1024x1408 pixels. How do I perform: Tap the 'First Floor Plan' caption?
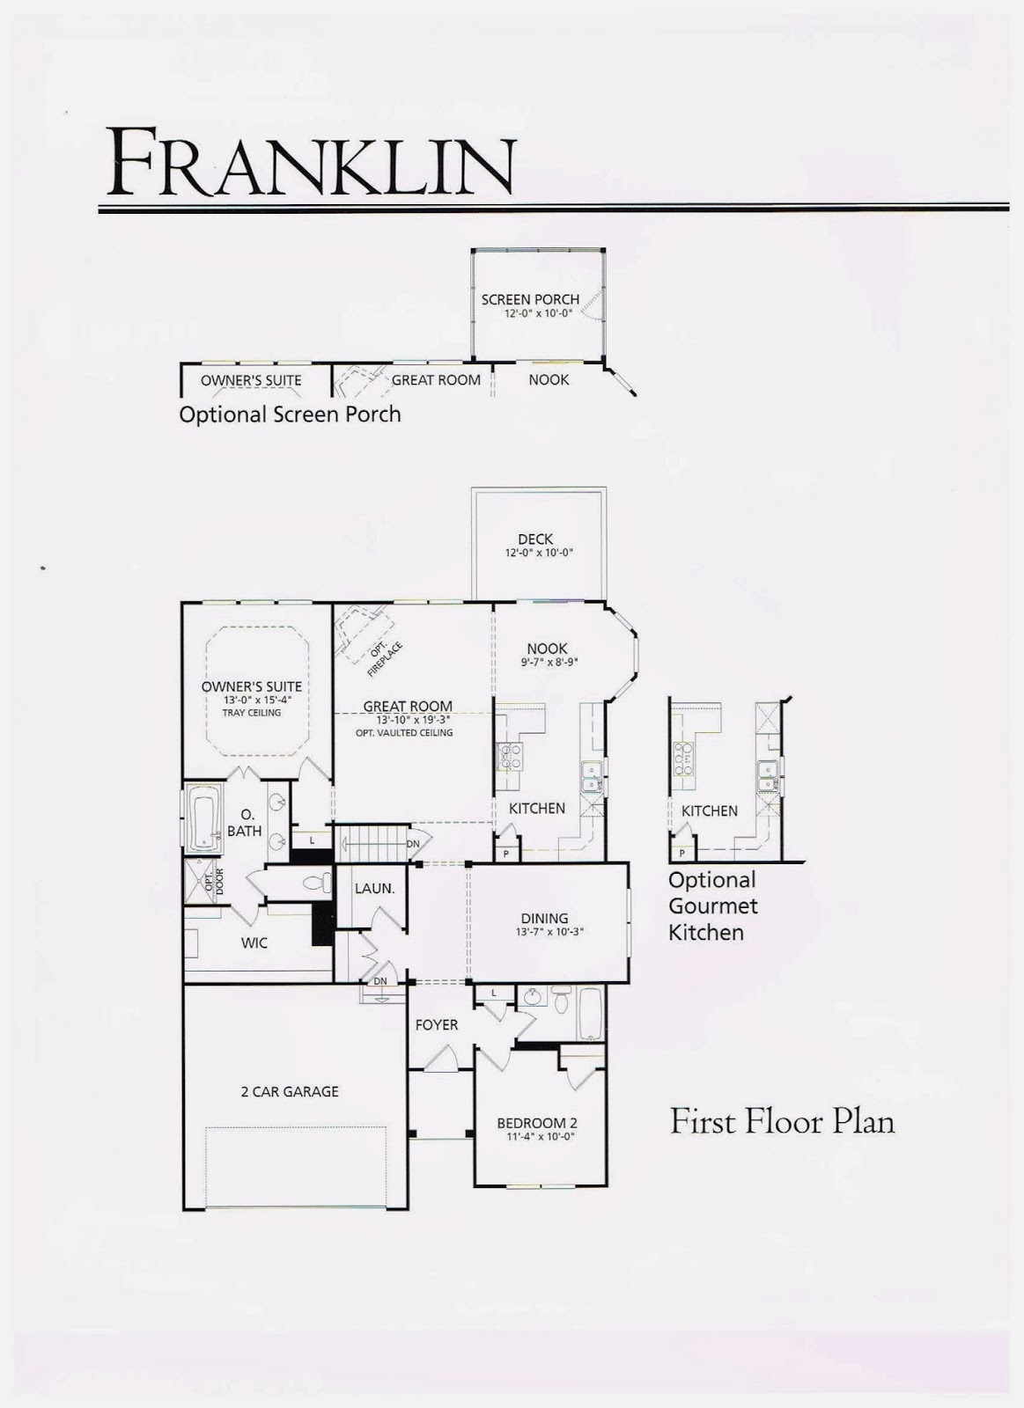click(x=782, y=1122)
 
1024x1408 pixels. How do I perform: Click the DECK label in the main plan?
click(x=535, y=539)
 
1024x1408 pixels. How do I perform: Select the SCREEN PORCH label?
click(x=530, y=299)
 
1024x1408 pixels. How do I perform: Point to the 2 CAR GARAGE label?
click(x=290, y=1091)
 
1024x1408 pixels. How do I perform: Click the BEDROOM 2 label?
click(x=537, y=1123)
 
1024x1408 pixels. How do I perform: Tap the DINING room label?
click(x=544, y=918)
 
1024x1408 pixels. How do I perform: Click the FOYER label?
click(x=437, y=1024)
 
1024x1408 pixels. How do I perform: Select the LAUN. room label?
click(x=374, y=888)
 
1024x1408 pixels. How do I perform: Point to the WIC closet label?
click(x=254, y=942)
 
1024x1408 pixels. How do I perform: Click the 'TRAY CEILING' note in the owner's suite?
click(x=252, y=713)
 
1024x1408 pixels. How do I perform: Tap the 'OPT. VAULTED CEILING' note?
click(x=404, y=732)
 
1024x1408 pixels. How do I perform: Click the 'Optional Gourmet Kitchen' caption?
click(x=712, y=906)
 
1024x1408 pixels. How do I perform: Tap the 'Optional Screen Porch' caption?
click(x=290, y=414)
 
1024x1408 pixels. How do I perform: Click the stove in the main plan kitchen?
click(x=511, y=756)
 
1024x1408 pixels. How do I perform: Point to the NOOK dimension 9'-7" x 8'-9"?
click(x=547, y=663)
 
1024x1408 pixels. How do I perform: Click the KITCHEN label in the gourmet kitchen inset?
click(x=709, y=810)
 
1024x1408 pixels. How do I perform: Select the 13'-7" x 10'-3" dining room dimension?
click(x=549, y=932)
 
